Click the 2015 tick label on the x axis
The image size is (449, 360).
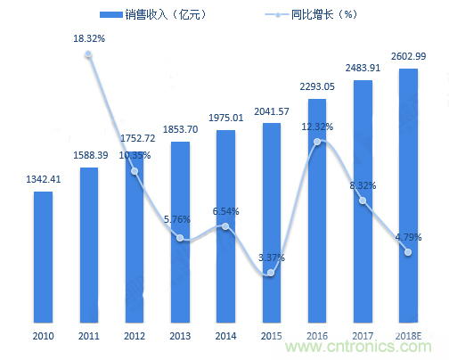pos(272,336)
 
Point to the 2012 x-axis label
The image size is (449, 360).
pos(135,336)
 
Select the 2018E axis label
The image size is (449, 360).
pos(408,336)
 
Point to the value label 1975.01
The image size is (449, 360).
pos(225,119)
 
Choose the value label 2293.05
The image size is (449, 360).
pos(317,87)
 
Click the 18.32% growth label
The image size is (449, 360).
pos(89,39)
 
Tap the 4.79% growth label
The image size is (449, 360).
pos(408,237)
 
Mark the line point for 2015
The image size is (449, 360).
pos(272,272)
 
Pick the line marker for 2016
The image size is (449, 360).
pos(317,142)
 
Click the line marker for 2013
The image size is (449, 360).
pos(180,238)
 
